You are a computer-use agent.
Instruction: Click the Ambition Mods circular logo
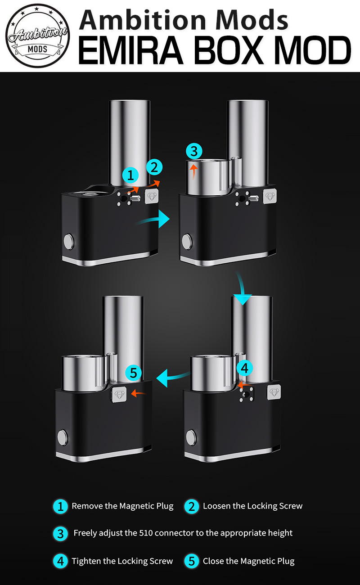38,36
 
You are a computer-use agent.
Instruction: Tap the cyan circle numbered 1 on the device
130,175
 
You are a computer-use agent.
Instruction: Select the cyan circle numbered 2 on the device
154,167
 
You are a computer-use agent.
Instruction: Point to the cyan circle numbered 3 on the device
194,151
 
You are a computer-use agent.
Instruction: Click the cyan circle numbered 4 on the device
244,368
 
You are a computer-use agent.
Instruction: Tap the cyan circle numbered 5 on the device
133,373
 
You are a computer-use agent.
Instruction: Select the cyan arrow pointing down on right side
242,288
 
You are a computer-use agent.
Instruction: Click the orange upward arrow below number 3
193,171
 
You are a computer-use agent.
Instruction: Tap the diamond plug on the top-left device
152,196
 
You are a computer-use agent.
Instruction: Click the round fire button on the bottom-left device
63,437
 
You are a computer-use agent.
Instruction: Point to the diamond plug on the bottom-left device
119,395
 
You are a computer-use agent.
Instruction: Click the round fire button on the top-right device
187,241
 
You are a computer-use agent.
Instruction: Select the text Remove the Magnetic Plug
122,506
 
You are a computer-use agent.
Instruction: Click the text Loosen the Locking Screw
252,506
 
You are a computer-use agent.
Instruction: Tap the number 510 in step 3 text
146,533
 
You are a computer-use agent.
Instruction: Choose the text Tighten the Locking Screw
122,561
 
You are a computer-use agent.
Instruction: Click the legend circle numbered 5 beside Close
192,561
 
